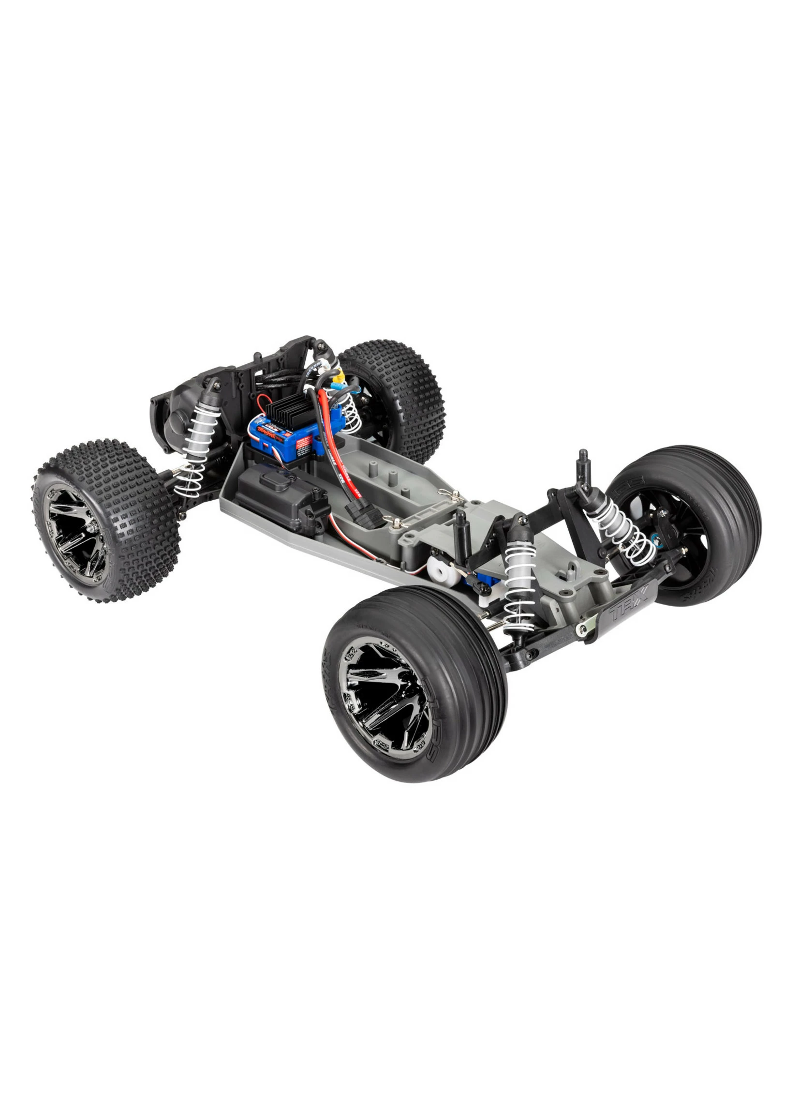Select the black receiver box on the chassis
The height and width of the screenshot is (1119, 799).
281,494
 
